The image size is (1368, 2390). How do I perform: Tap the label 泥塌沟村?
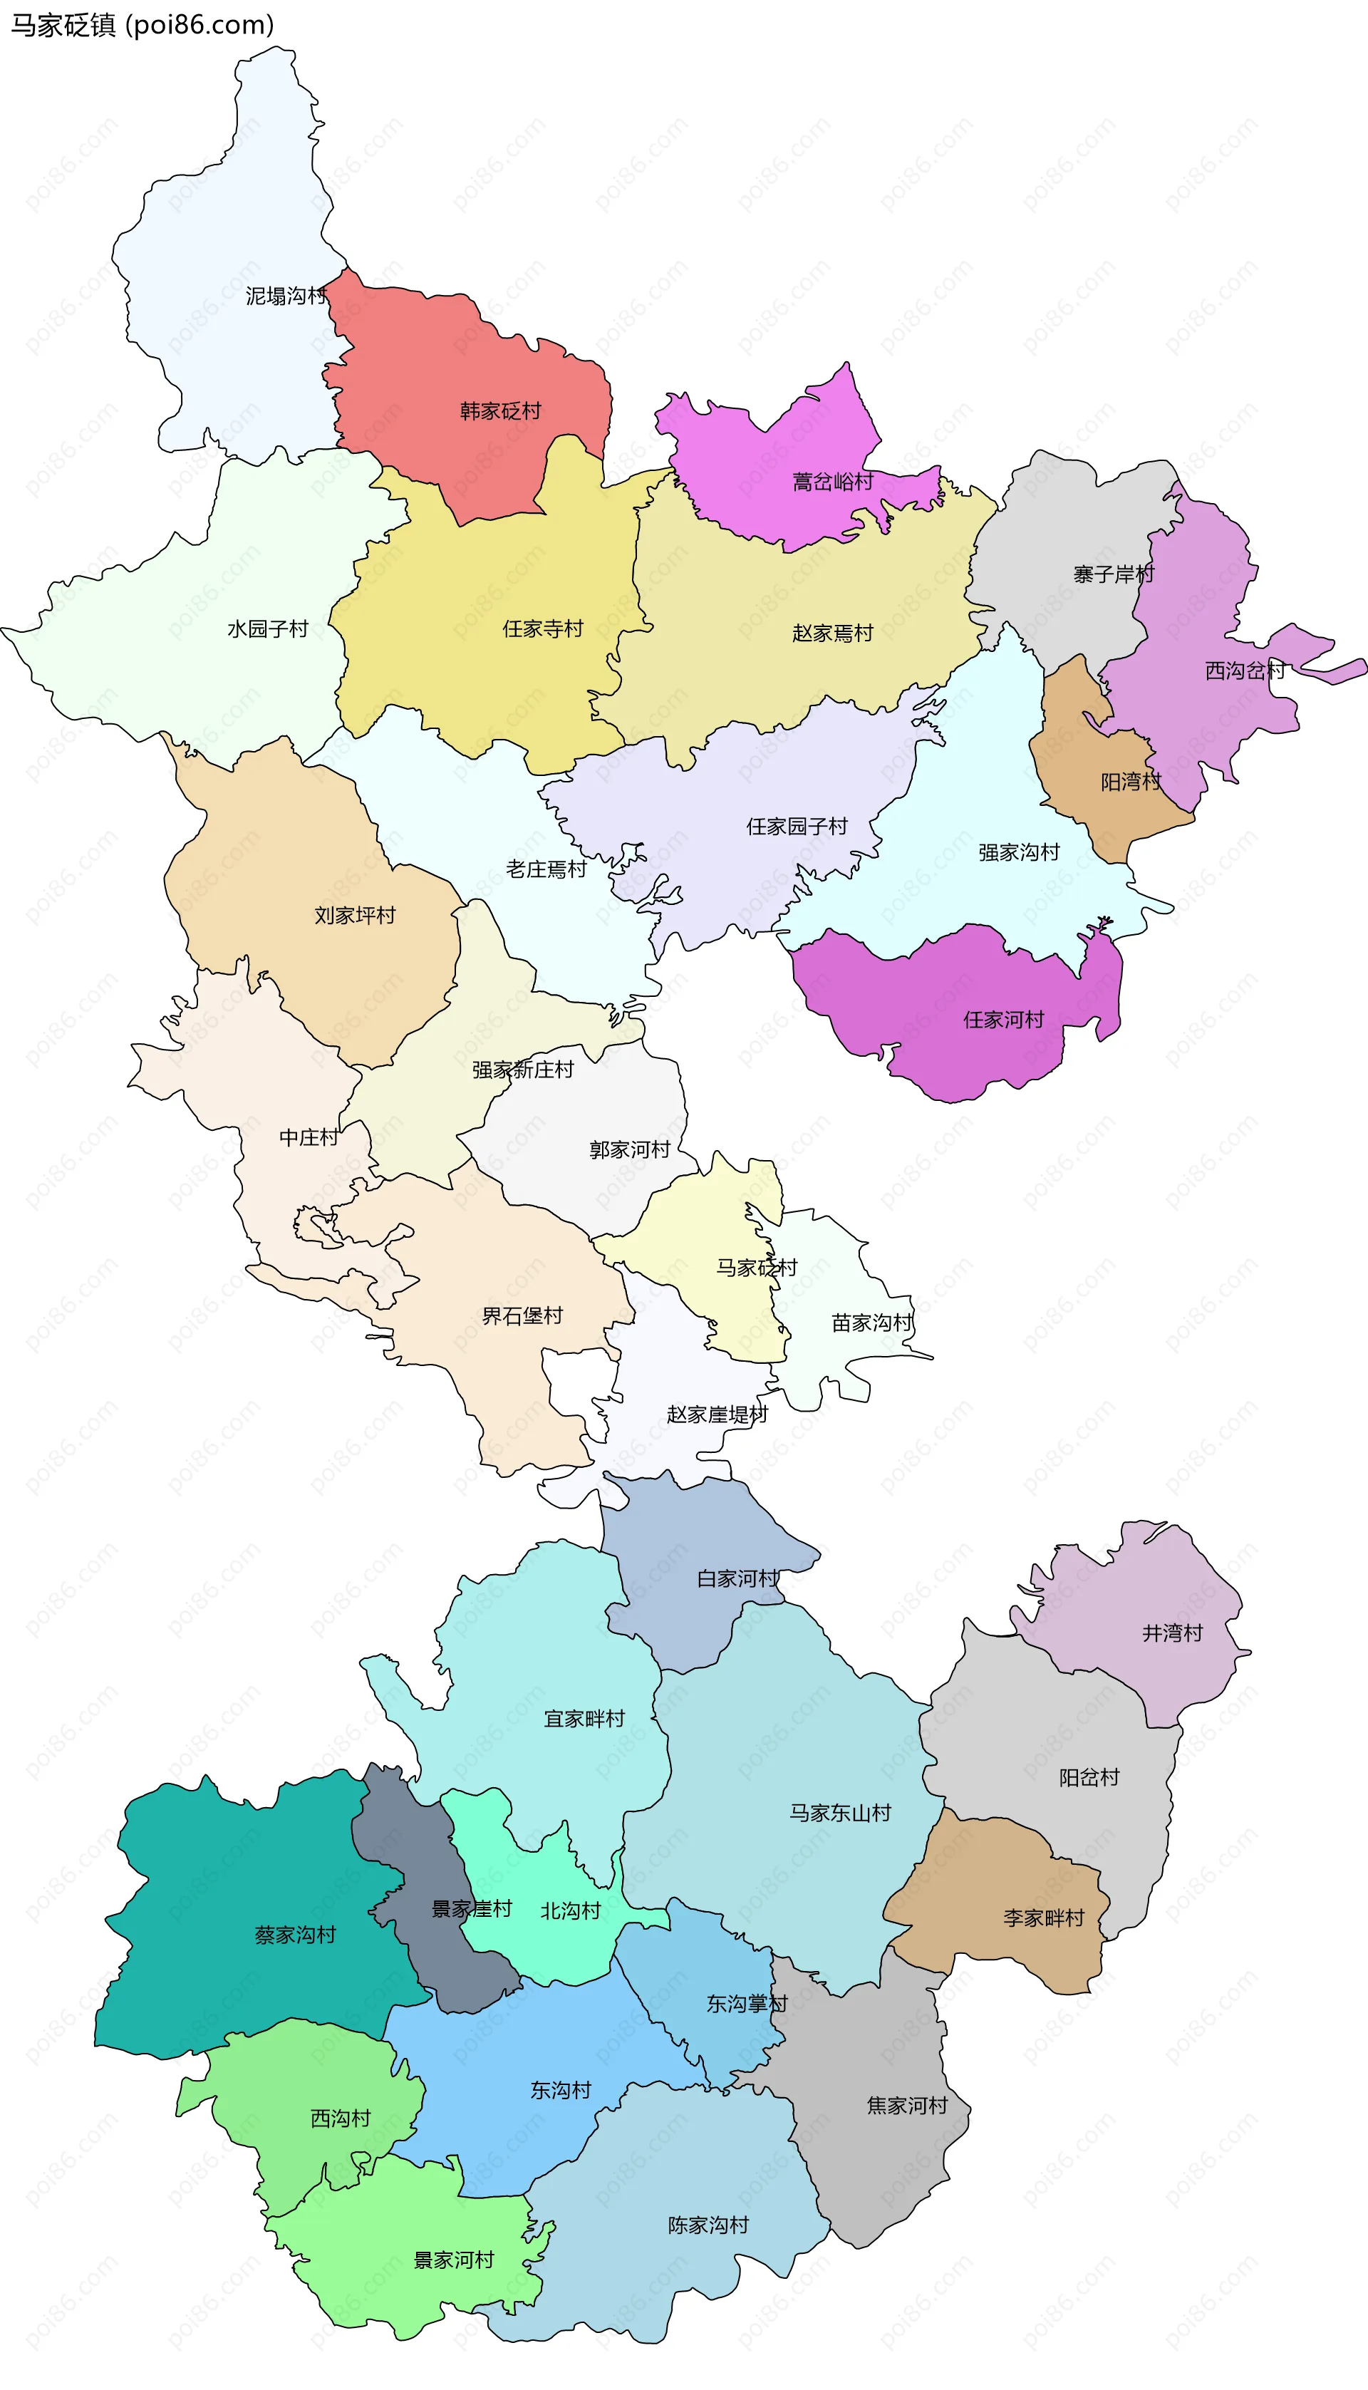286,296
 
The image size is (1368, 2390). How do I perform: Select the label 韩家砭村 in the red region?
500,410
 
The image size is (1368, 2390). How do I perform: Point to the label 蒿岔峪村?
832,482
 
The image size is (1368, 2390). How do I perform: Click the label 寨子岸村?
1114,574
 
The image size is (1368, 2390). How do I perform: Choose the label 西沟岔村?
1245,671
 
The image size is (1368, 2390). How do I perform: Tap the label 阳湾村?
1131,782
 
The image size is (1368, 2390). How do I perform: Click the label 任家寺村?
542,628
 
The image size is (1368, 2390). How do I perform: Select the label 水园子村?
268,628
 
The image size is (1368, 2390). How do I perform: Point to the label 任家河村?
1003,1019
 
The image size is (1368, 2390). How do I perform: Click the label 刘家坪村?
354,915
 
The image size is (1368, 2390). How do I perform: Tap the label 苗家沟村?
872,1323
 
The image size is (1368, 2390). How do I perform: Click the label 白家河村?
737,1578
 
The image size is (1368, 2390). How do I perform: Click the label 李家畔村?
1043,1918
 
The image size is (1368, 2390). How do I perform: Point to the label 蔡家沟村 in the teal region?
295,1935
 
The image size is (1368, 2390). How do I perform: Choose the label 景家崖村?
471,1909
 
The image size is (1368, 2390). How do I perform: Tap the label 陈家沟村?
708,2225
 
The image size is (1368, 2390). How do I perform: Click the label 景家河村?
454,2260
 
